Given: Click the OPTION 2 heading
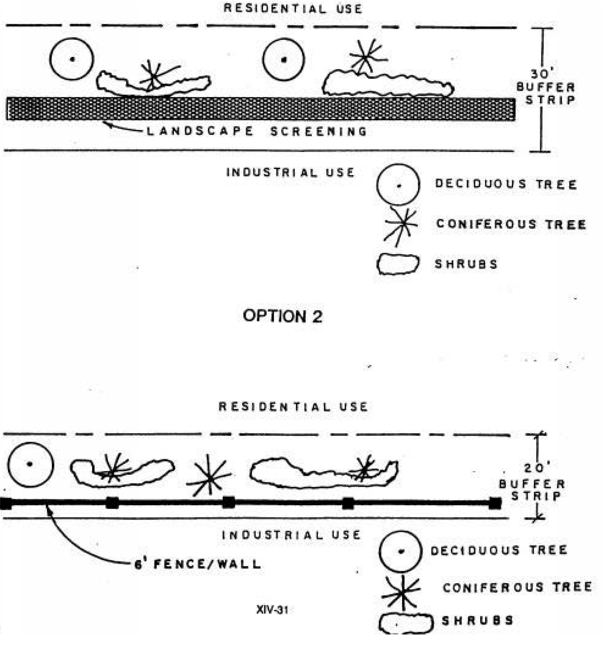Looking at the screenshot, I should coord(282,316).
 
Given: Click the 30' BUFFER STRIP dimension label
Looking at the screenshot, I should coord(546,87).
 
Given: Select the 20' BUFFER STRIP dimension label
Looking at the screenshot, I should coord(532,484).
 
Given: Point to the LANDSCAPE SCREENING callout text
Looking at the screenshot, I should coord(256,131).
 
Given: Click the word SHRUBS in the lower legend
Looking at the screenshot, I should coord(477,621).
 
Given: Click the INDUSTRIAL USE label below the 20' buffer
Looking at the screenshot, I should coord(291,535).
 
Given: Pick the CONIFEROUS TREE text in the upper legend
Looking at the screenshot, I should coord(511,224).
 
